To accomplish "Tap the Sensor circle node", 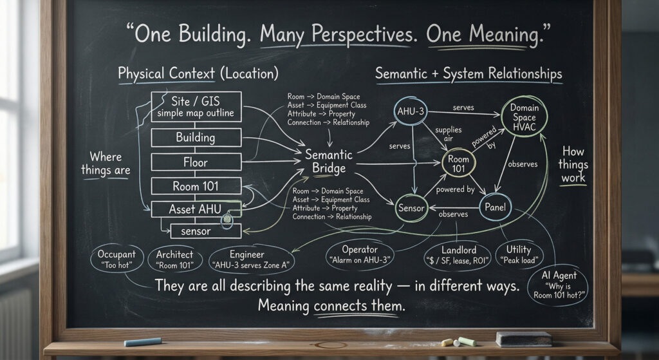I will coord(411,208).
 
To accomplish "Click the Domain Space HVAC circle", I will coord(524,117).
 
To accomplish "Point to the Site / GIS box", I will coord(196,107).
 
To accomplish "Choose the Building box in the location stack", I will coord(196,138).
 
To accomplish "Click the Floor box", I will coord(196,162).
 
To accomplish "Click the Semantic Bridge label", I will coord(329,161).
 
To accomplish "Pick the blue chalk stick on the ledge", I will coord(142,341).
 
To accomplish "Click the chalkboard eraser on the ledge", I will coord(523,338).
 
